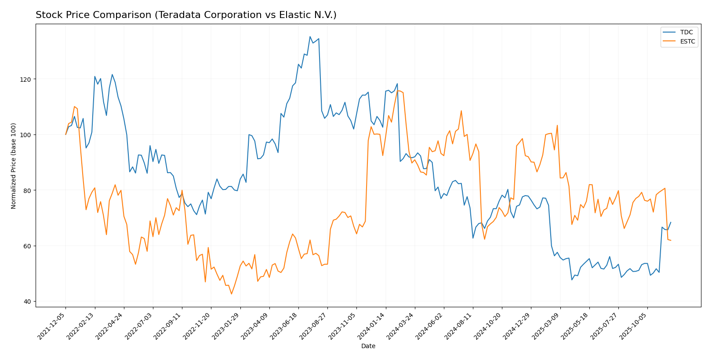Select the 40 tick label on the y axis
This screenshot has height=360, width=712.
click(x=27, y=302)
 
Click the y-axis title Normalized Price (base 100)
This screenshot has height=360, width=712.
click(x=14, y=166)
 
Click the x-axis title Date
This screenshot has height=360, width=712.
click(x=368, y=346)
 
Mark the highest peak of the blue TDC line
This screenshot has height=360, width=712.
click(x=310, y=37)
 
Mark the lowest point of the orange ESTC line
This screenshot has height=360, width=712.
click(x=231, y=294)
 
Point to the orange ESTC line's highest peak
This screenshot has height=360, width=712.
click(x=398, y=91)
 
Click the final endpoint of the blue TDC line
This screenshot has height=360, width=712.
click(x=671, y=222)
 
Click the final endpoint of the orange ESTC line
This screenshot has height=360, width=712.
click(x=671, y=240)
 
